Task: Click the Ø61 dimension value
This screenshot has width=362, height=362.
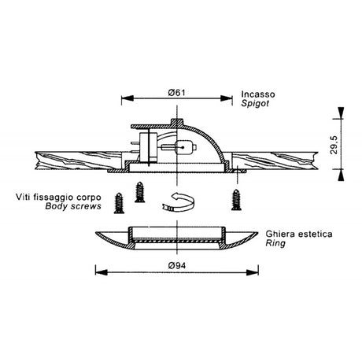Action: (177, 93)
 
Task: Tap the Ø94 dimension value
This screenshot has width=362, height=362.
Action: (177, 266)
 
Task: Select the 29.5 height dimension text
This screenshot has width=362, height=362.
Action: (334, 145)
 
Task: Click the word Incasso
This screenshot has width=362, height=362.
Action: (258, 94)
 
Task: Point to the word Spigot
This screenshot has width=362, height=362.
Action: (255, 103)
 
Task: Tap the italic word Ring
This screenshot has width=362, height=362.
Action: (275, 243)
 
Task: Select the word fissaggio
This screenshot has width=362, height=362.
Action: (54, 198)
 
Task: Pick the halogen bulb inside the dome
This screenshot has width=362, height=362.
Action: (185, 148)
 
